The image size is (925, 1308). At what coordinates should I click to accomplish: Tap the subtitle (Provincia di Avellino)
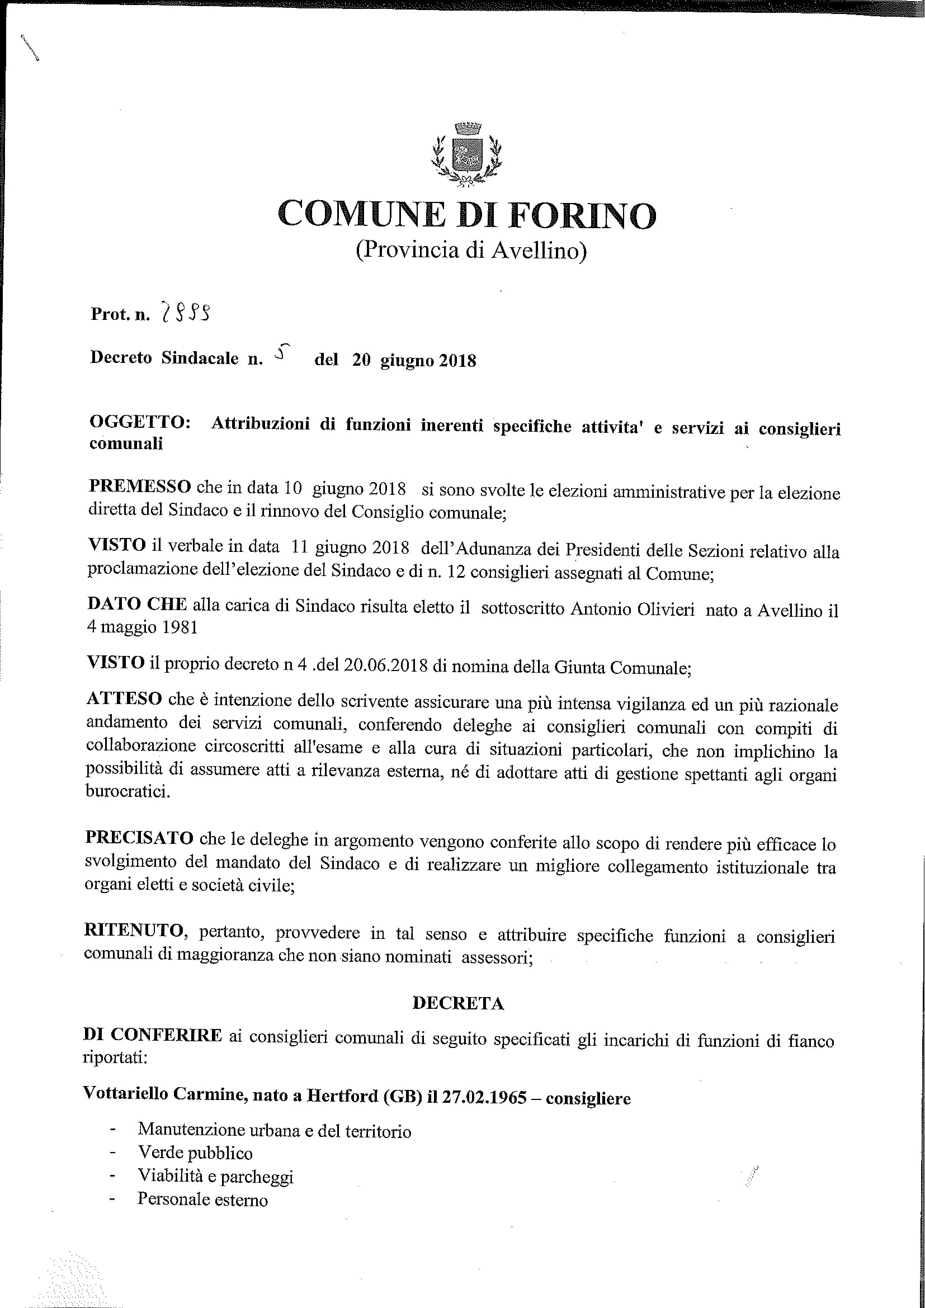pyautogui.click(x=471, y=250)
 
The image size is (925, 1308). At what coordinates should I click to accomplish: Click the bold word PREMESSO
pyautogui.click(x=139, y=487)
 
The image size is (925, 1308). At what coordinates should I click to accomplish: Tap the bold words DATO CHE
pyautogui.click(x=136, y=606)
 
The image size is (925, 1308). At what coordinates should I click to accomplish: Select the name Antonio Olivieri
pyautogui.click(x=633, y=610)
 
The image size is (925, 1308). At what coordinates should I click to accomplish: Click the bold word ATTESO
pyautogui.click(x=124, y=699)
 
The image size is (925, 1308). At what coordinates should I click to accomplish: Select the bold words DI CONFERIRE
pyautogui.click(x=152, y=1035)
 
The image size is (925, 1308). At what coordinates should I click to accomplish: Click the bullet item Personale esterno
pyautogui.click(x=202, y=1199)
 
